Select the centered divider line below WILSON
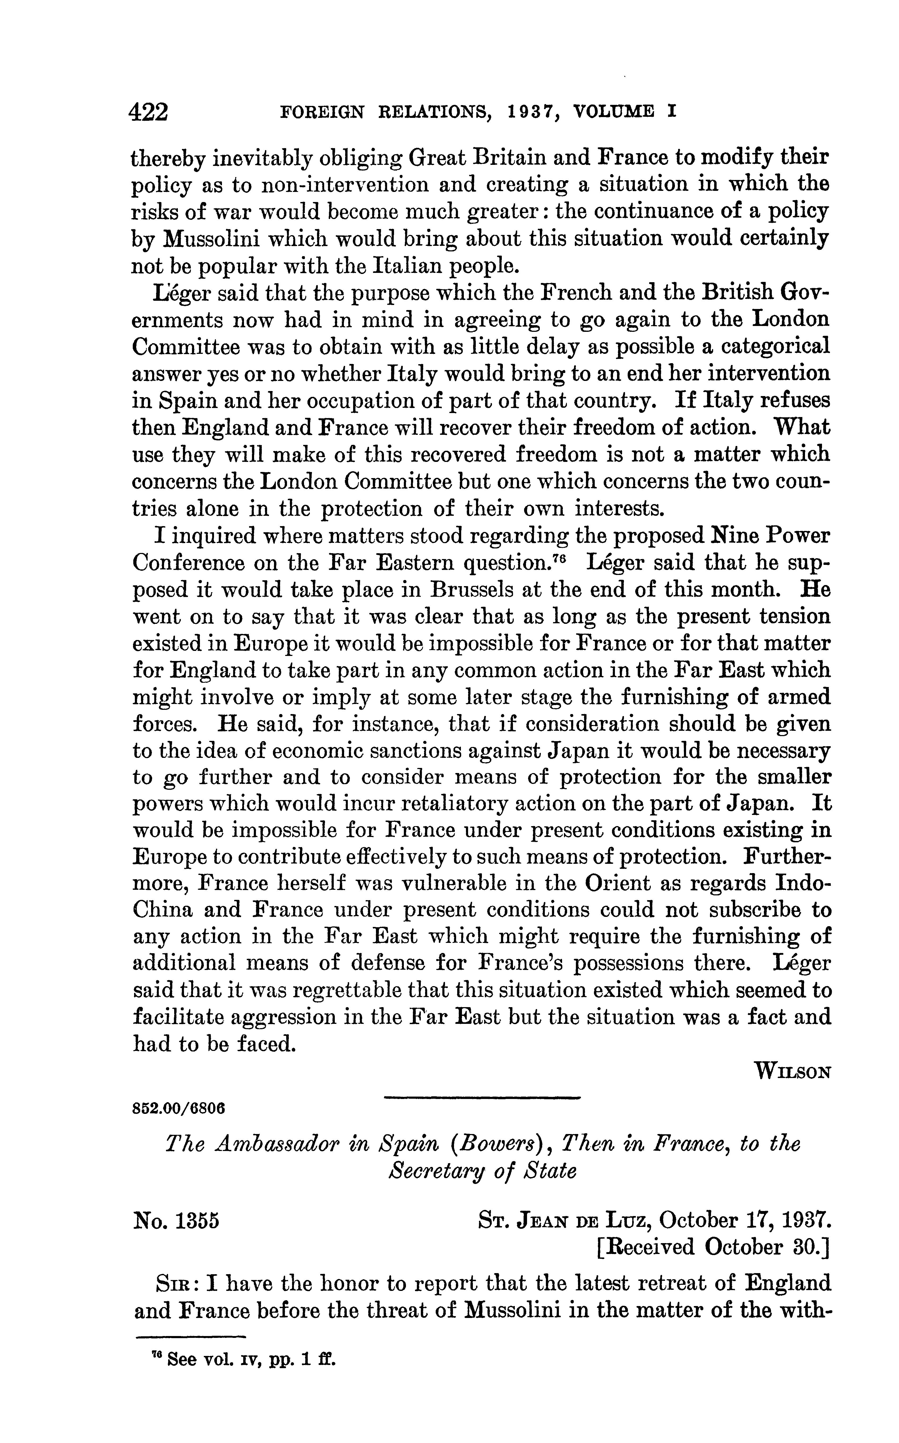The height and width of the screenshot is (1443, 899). pos(482,1097)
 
